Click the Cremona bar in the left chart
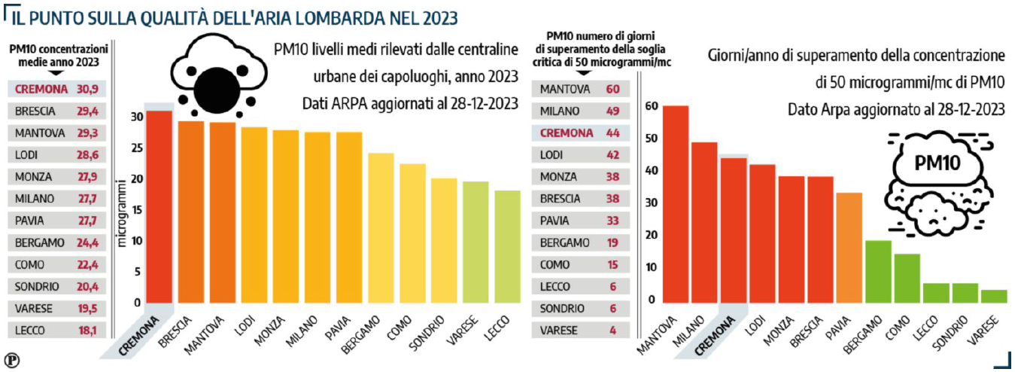pyautogui.click(x=159, y=207)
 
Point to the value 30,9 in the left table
pyautogui.click(x=89, y=89)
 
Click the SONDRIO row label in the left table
pyautogui.click(x=35, y=286)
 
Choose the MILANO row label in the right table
pyautogui.click(x=561, y=111)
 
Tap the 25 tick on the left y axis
pyautogui.click(x=135, y=148)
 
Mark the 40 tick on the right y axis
pyautogui.click(x=651, y=171)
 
